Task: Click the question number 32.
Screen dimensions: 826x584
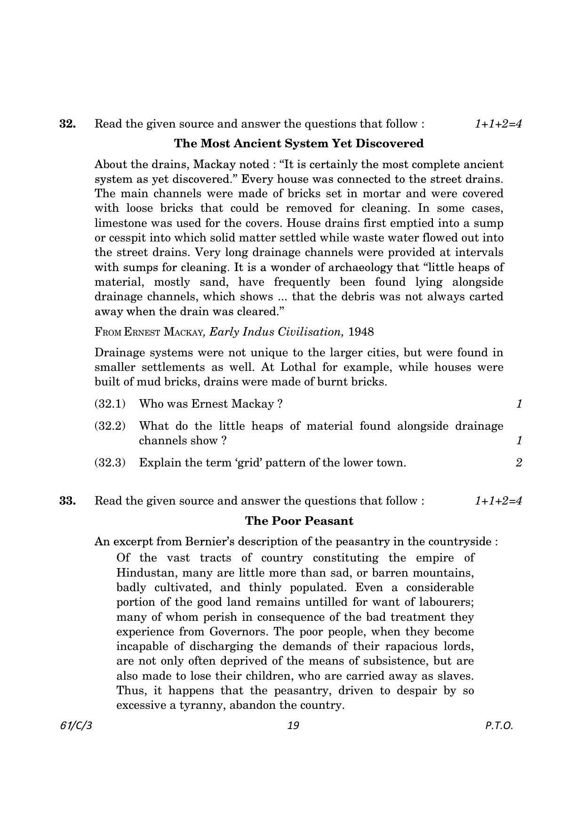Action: click(x=68, y=124)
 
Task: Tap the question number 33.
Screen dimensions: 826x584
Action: click(x=68, y=500)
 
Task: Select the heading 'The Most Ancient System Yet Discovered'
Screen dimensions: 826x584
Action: click(x=299, y=144)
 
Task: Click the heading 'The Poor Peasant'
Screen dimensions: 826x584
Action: click(x=299, y=521)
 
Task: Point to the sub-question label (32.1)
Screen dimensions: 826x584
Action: click(x=110, y=404)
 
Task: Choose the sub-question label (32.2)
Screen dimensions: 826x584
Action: click(x=110, y=426)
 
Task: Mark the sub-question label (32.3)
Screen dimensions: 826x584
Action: click(x=110, y=463)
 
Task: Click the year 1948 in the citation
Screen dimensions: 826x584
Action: click(x=361, y=332)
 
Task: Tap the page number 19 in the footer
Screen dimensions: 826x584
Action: click(x=293, y=725)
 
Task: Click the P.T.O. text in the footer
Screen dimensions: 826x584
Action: click(x=499, y=725)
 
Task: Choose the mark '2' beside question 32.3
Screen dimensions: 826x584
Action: click(x=519, y=463)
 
